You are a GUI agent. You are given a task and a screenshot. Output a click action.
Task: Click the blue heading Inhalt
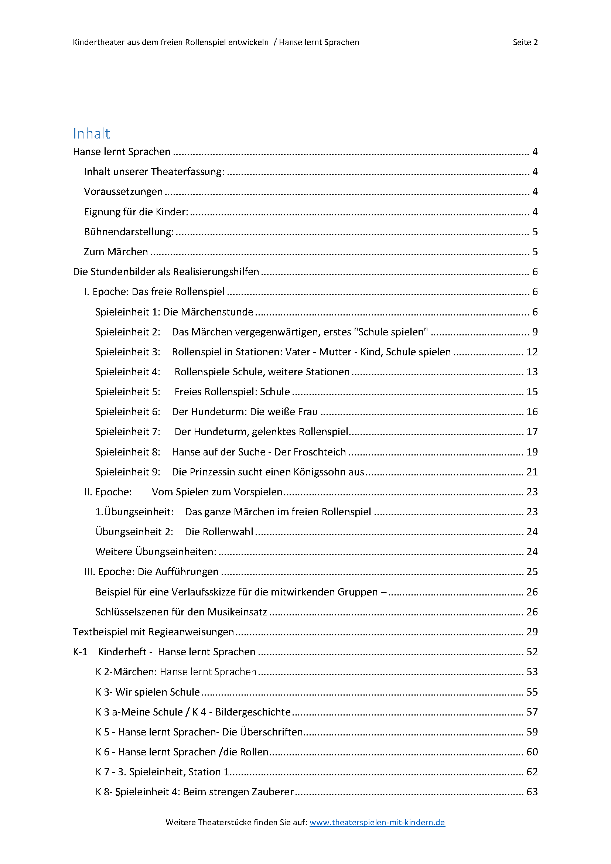point(91,134)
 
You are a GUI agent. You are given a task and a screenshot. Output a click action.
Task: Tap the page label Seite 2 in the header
point(525,42)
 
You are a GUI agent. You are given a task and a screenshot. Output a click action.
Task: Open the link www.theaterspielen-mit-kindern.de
point(377,822)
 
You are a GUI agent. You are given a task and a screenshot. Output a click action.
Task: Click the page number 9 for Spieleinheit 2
point(535,332)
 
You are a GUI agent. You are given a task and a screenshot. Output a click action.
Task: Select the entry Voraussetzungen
point(123,192)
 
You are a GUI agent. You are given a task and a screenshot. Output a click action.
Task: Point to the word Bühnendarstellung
point(128,232)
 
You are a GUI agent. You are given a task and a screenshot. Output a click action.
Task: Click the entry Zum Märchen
point(116,252)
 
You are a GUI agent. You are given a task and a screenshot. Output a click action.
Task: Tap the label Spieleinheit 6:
point(127,411)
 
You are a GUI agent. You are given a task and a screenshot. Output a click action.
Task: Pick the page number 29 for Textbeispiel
point(532,632)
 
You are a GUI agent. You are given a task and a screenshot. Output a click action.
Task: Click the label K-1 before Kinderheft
point(80,652)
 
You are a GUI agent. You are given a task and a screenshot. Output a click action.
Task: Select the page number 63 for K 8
point(532,792)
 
